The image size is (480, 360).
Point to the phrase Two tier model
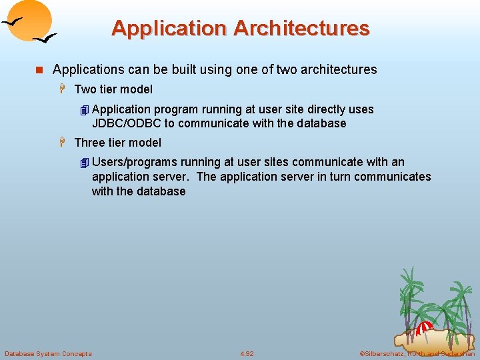(x=113, y=89)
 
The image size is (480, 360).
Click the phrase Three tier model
(x=118, y=143)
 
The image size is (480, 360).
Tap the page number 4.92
(x=247, y=353)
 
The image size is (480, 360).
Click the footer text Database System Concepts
(x=48, y=353)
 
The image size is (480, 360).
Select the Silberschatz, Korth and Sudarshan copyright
(x=417, y=353)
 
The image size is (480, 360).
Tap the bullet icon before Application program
(x=83, y=110)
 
